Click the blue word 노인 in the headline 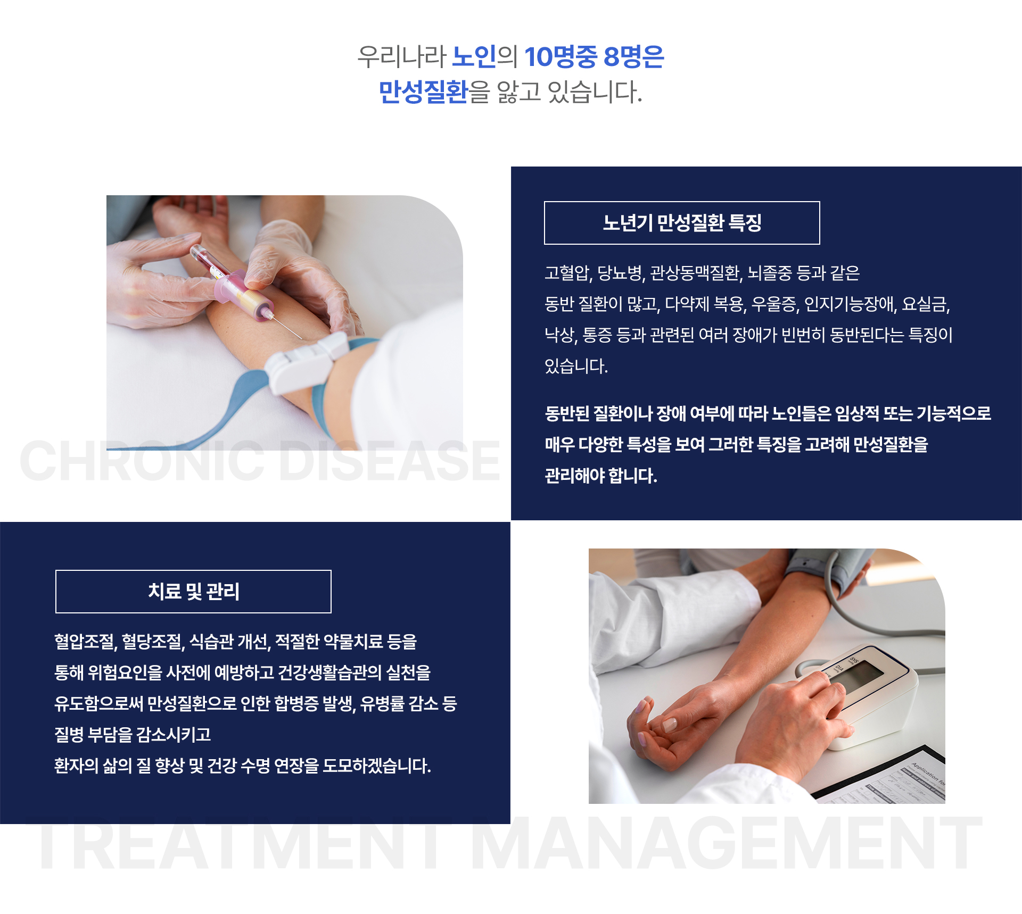point(474,57)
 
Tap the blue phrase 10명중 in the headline point(561,57)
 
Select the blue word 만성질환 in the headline point(423,92)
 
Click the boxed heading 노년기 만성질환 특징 point(682,223)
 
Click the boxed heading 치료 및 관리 point(193,592)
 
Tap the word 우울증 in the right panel point(774,304)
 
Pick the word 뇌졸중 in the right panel point(770,273)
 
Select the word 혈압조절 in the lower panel point(85,642)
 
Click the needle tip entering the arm point(300,338)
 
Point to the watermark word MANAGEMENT point(726,844)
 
